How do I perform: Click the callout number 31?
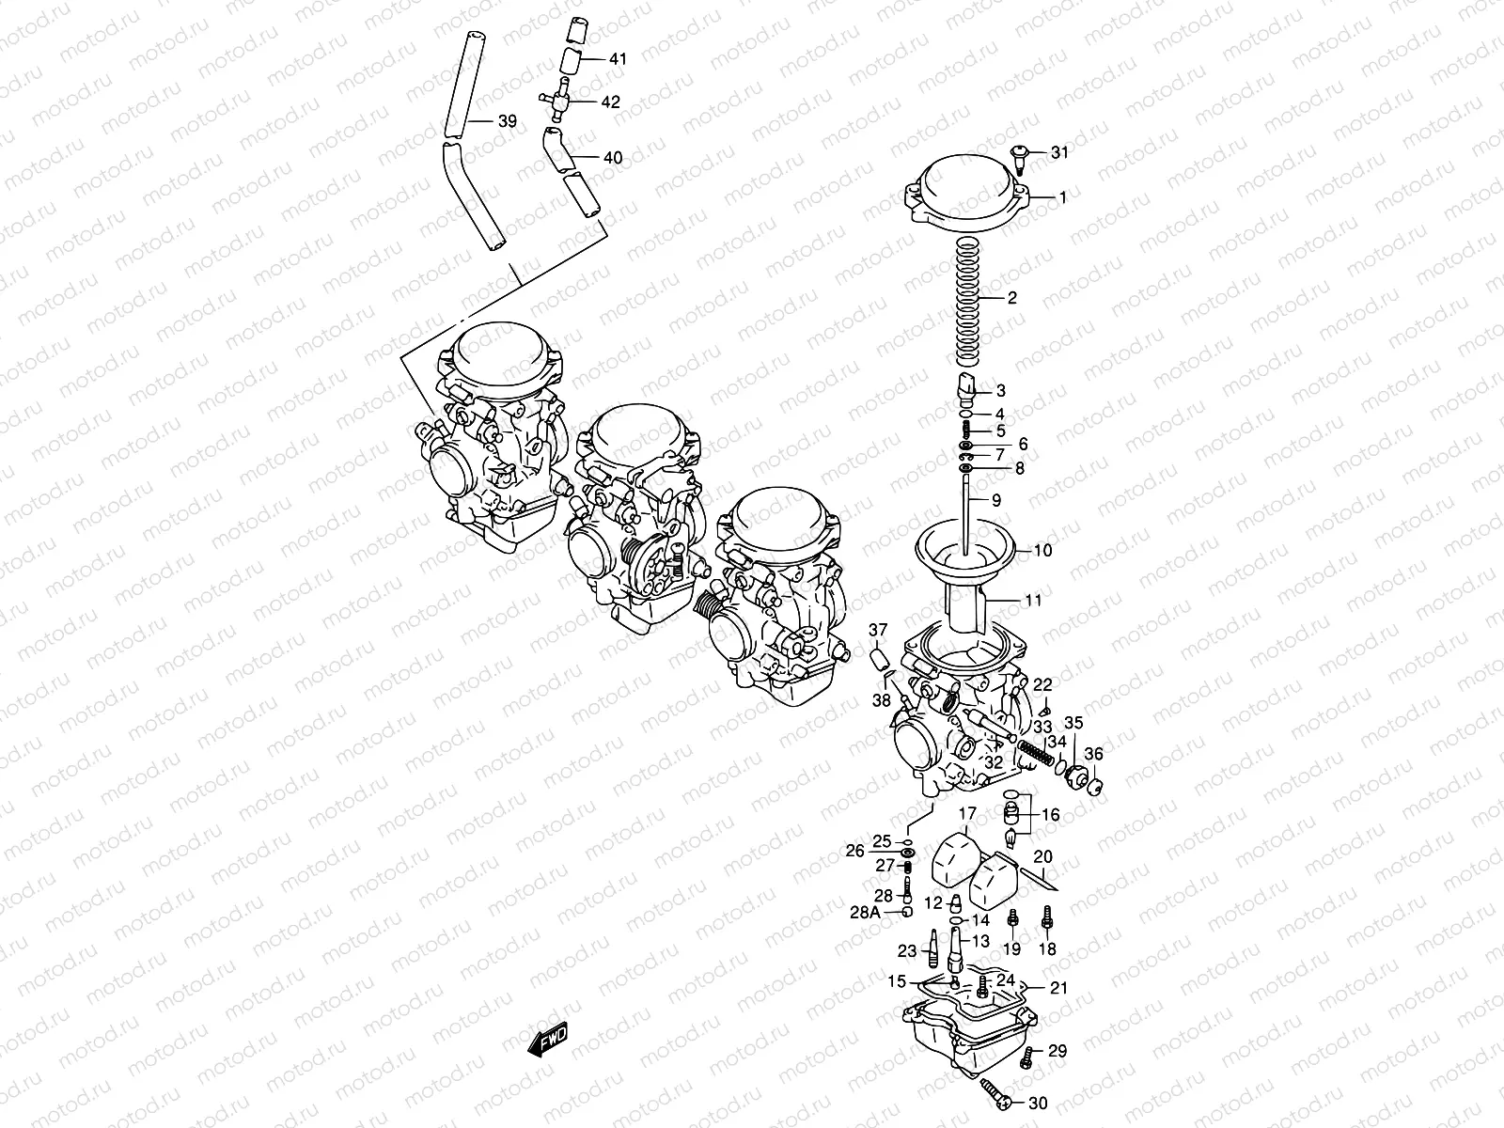point(1059,152)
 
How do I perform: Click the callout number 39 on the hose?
point(507,121)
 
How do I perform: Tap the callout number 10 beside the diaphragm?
point(1043,550)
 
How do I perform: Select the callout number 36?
point(1093,754)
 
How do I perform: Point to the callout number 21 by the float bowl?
point(1059,988)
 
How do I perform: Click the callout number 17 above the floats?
point(967,813)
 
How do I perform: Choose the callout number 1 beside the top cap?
point(1063,197)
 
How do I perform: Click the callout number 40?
point(612,158)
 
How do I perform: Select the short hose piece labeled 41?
point(571,62)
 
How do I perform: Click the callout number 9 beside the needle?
point(996,501)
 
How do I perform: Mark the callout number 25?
point(882,840)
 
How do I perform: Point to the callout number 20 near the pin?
point(1043,856)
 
